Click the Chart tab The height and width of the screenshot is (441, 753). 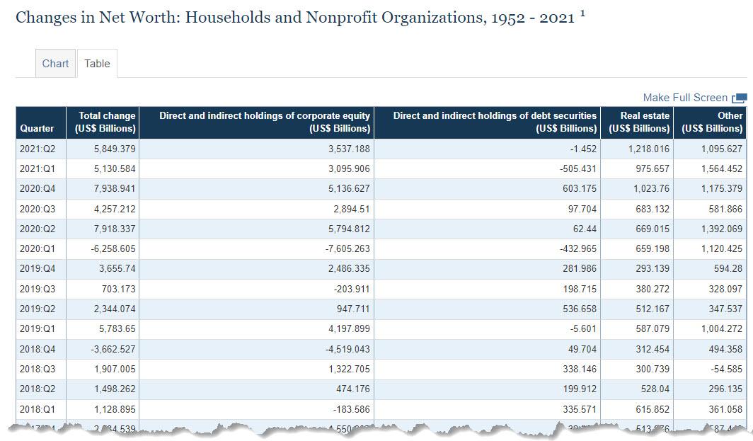point(55,64)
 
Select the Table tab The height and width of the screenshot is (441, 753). point(97,64)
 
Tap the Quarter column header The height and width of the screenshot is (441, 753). point(37,128)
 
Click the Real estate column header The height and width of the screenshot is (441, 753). point(639,122)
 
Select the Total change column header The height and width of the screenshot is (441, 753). point(105,122)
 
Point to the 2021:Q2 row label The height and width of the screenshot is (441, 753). point(38,149)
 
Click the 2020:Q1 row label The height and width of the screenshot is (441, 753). point(38,249)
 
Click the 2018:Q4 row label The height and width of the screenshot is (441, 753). point(38,350)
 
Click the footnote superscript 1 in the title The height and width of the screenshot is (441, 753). point(582,13)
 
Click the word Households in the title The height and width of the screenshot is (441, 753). point(224,18)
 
